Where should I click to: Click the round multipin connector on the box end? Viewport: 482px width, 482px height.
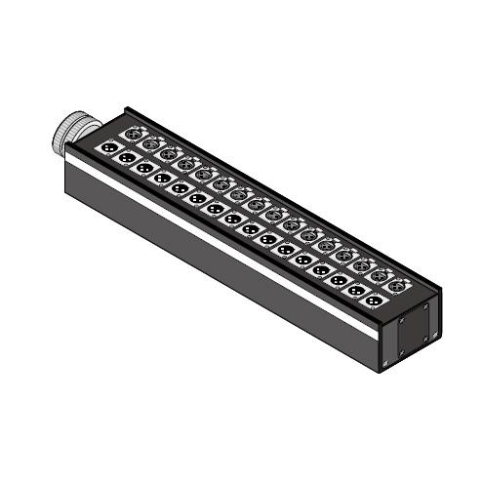(x=74, y=134)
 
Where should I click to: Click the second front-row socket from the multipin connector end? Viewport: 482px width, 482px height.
(x=128, y=159)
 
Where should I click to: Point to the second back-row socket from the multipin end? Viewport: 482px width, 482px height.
(x=151, y=146)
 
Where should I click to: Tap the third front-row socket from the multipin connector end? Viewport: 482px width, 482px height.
(x=145, y=169)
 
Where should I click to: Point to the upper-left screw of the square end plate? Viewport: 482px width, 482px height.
(x=397, y=323)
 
